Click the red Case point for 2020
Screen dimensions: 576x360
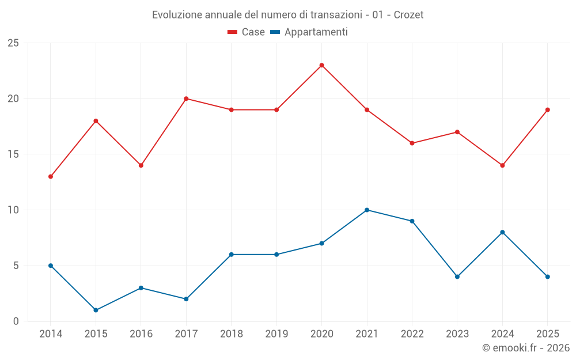(x=322, y=66)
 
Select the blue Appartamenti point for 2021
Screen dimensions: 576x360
(x=367, y=210)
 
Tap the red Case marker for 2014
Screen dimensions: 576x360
(x=51, y=177)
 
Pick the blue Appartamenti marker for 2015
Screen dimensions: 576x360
(x=96, y=310)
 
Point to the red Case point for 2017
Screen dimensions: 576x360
(x=186, y=99)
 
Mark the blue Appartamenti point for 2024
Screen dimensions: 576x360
(x=502, y=232)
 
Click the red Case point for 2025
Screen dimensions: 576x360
(x=548, y=110)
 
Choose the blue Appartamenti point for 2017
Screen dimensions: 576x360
(x=186, y=299)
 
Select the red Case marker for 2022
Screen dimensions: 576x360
(x=412, y=143)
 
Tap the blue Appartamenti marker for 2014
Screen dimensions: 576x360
(x=51, y=266)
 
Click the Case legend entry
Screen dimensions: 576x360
(x=246, y=32)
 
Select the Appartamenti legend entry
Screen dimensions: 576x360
(x=309, y=32)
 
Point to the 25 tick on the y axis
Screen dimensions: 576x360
(x=13, y=43)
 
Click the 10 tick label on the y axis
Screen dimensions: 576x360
(x=13, y=210)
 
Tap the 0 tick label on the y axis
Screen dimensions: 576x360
(x=16, y=321)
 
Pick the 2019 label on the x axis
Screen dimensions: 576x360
(x=276, y=334)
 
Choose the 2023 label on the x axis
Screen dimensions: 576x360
(x=457, y=334)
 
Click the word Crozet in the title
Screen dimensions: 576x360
(x=408, y=15)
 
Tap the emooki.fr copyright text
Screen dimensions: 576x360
(x=526, y=348)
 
